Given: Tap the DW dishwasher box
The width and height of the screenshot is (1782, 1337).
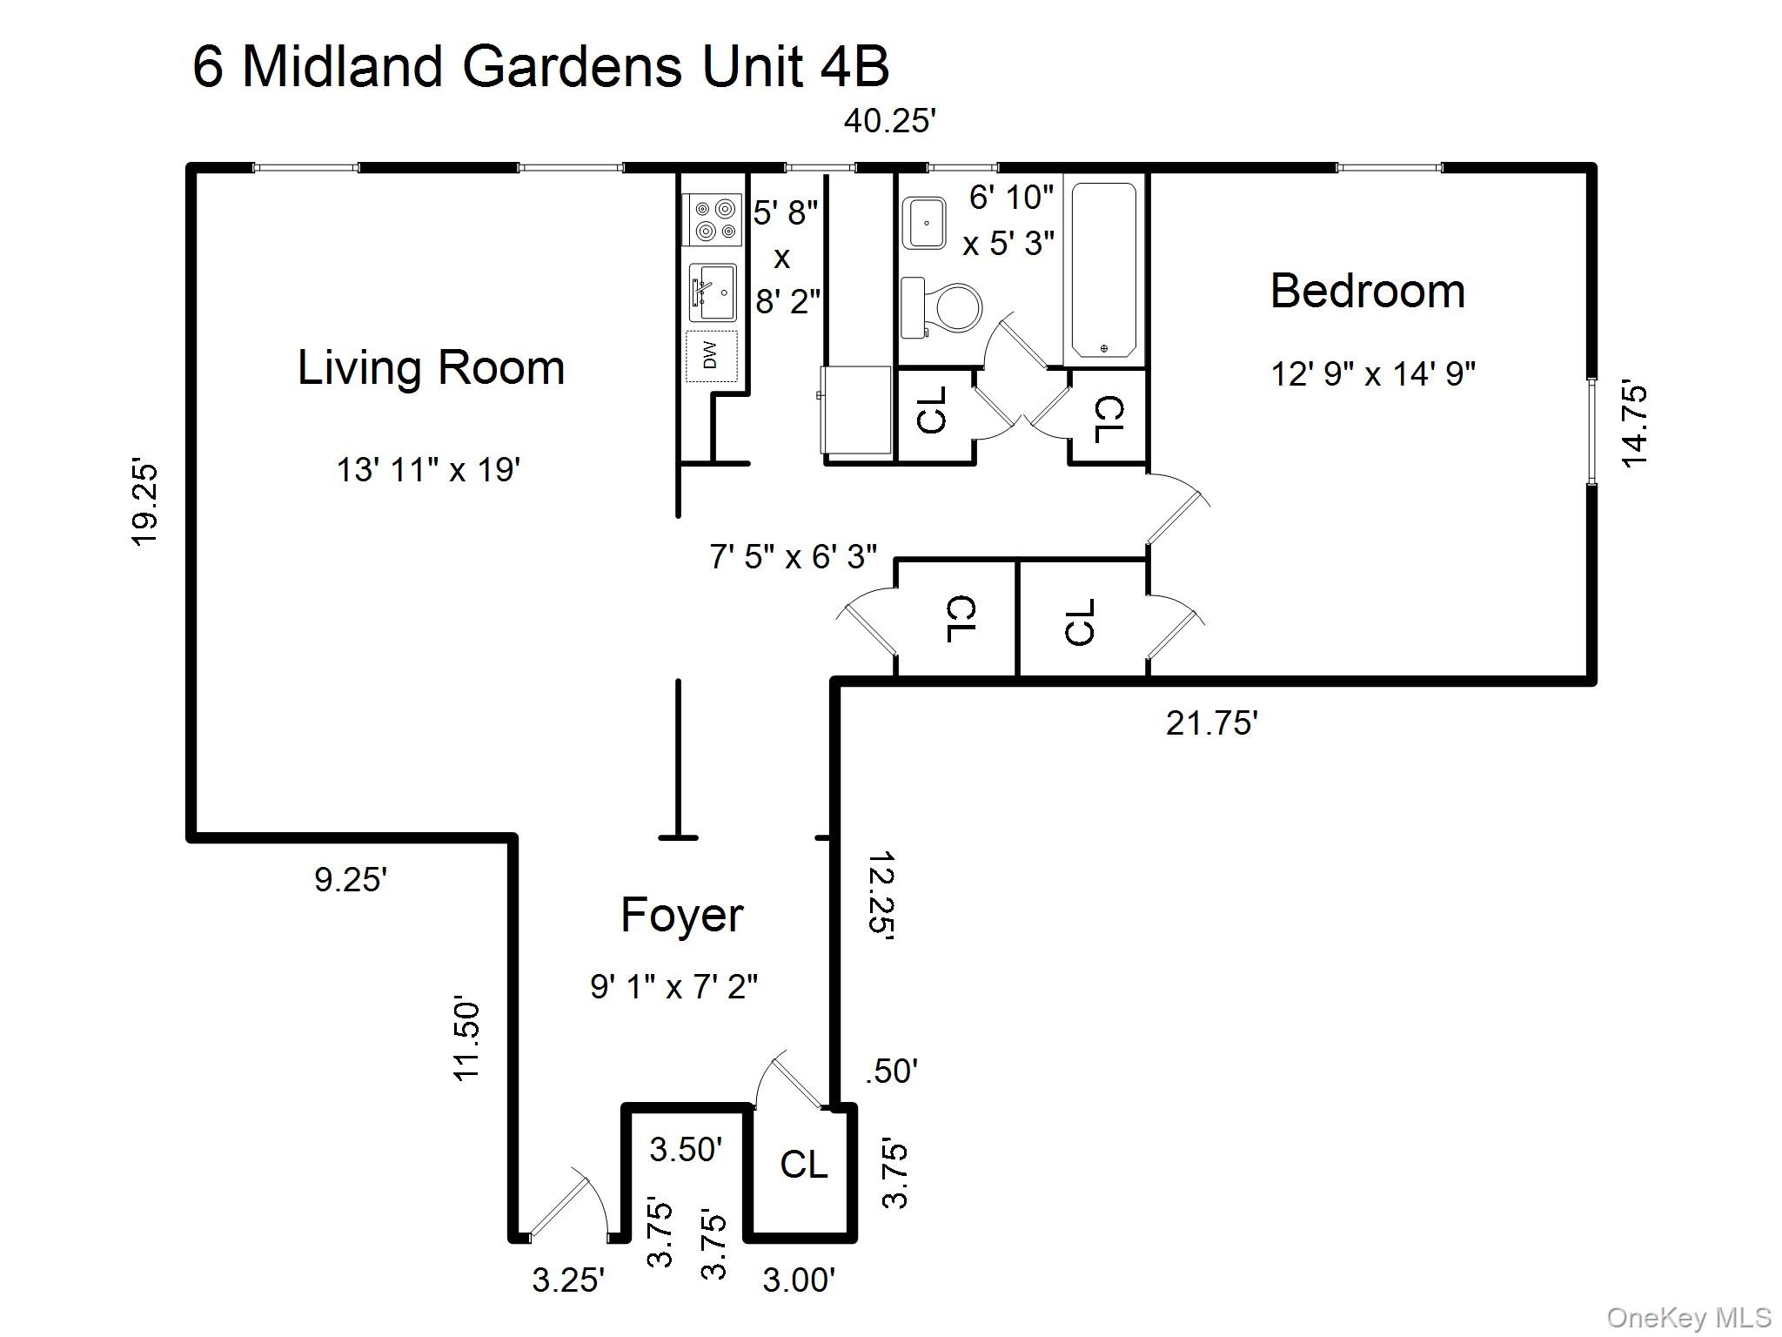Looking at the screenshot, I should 711,355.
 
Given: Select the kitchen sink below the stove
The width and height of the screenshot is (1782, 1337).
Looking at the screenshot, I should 713,292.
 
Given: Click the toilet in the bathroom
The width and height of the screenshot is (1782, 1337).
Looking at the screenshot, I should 941,307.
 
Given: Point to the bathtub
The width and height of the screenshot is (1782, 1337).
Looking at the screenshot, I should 1103,269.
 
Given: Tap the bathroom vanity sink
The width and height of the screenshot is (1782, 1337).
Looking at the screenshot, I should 925,224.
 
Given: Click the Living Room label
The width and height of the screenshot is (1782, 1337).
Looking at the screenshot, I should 431,367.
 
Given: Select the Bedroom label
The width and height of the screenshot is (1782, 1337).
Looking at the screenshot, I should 1367,291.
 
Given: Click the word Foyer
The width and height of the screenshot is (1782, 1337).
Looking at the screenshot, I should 681,915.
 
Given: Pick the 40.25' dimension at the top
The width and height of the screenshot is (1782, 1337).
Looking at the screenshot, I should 889,121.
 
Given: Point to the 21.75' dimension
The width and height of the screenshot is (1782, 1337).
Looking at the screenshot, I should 1211,722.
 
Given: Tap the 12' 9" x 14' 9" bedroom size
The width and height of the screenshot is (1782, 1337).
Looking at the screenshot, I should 1372,374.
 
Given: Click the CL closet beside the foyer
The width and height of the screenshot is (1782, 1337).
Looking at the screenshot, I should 802,1165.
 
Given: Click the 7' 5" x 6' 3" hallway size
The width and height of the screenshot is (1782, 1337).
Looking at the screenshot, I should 793,555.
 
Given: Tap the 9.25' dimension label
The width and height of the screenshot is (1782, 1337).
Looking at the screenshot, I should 350,880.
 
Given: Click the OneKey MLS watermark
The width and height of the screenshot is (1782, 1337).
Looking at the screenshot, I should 1689,1317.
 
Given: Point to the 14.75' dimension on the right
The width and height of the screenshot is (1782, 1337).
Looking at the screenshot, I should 1634,424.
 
